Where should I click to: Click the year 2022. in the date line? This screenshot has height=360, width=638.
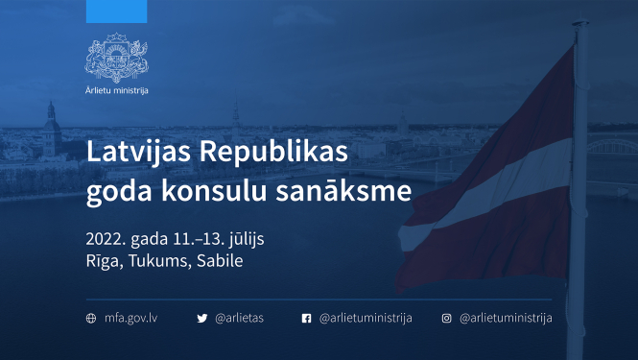click(x=106, y=238)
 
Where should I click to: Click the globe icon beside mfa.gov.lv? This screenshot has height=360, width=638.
click(x=91, y=318)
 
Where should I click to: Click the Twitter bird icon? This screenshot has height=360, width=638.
click(x=201, y=318)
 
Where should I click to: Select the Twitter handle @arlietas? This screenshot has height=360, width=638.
click(x=240, y=318)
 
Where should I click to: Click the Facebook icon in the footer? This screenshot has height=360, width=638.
click(x=307, y=318)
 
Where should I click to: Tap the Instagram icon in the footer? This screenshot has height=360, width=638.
click(x=446, y=318)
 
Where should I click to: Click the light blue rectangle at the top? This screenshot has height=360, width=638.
click(x=116, y=12)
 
